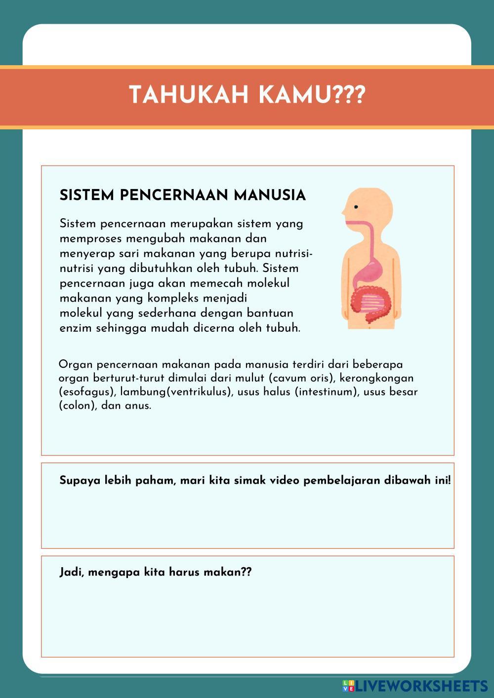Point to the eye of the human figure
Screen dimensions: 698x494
(x=356, y=207)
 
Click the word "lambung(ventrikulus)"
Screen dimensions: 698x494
(x=176, y=392)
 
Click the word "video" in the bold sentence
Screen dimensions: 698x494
(x=285, y=480)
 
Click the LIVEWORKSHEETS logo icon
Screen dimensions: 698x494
(x=348, y=686)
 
